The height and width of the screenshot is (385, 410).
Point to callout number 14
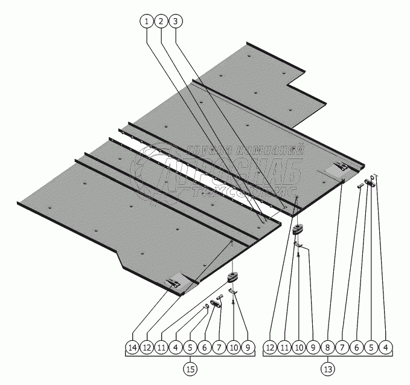pyautogui.click(x=132, y=348)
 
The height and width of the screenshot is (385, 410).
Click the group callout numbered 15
pyautogui.click(x=190, y=367)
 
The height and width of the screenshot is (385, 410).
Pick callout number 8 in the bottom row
pyautogui.click(x=328, y=348)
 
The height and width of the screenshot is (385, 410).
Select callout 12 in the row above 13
pyautogui.click(x=269, y=348)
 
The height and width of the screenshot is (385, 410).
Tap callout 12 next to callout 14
pyautogui.click(x=147, y=348)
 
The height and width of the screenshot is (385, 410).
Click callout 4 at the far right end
pyautogui.click(x=386, y=348)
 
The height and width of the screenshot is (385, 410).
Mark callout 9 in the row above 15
pyautogui.click(x=248, y=348)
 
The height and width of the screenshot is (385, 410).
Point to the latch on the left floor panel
pyautogui.click(x=176, y=280)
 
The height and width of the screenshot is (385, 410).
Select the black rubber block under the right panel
pyautogui.click(x=299, y=229)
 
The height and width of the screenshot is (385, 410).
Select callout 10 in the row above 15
pyautogui.click(x=234, y=348)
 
